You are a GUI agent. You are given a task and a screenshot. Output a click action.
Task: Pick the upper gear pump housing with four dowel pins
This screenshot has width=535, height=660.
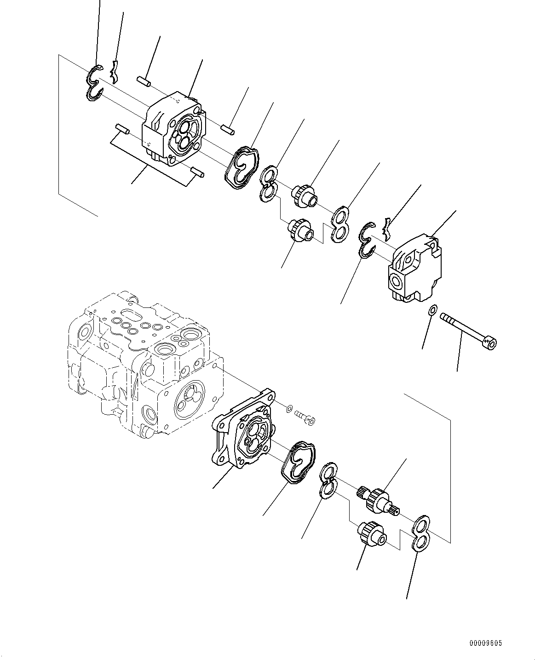tap(173, 131)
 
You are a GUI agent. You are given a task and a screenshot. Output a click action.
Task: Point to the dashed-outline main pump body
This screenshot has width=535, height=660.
tap(143, 364)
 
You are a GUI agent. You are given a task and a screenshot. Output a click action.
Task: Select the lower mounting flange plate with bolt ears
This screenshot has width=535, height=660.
tap(244, 430)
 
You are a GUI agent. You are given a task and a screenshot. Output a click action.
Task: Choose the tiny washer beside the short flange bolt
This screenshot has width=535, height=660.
tap(288, 408)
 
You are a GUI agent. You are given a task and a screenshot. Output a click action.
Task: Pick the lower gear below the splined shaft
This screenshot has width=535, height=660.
tap(371, 534)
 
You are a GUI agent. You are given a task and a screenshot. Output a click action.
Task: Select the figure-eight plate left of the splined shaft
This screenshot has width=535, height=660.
tap(328, 481)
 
